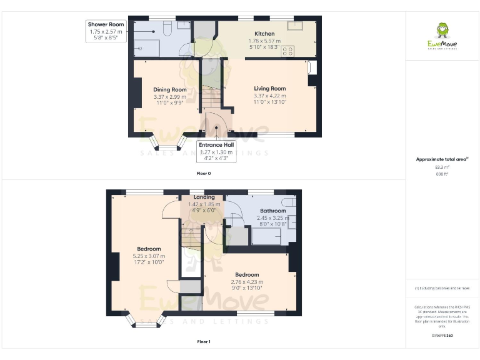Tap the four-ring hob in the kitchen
(x=289, y=51)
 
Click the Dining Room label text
(x=170, y=89)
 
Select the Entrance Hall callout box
(x=216, y=151)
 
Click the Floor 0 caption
(x=204, y=172)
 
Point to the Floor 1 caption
(x=204, y=342)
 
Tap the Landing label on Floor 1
(x=204, y=197)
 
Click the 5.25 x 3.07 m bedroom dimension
(x=149, y=256)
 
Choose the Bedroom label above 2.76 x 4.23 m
(x=247, y=274)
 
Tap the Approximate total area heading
(x=441, y=159)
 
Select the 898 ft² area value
(x=441, y=174)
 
